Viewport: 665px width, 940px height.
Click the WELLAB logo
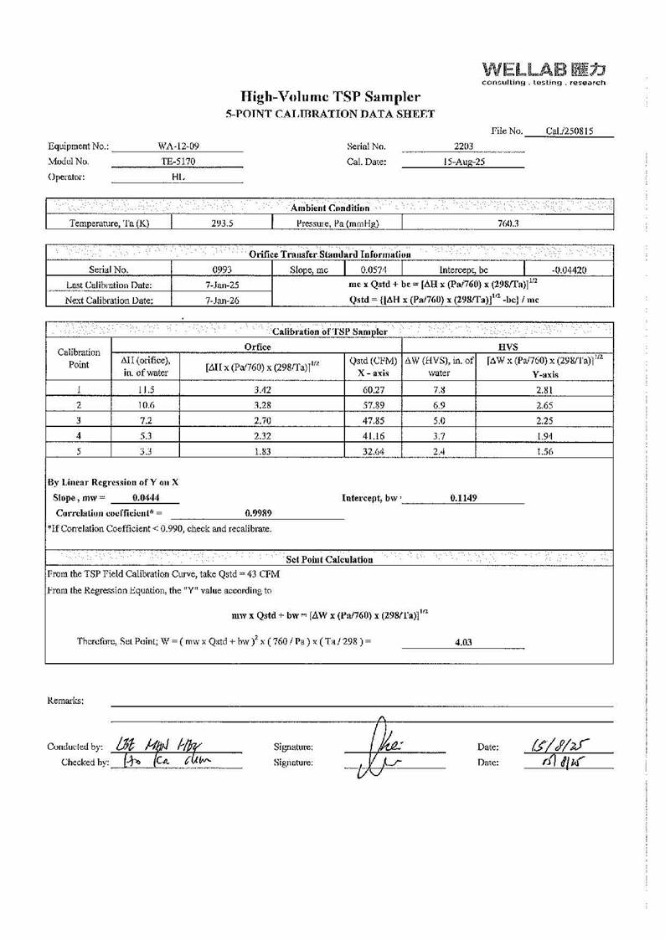click(x=544, y=72)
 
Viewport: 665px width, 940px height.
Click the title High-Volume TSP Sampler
click(x=331, y=97)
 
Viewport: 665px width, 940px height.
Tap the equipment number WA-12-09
click(x=178, y=146)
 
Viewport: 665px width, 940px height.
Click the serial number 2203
click(x=463, y=146)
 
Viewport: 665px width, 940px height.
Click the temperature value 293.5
click(x=221, y=223)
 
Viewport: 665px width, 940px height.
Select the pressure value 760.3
click(x=508, y=223)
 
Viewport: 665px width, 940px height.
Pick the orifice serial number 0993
click(x=221, y=270)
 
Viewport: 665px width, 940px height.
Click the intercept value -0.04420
click(x=570, y=270)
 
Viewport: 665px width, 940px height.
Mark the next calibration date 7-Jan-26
click(x=221, y=300)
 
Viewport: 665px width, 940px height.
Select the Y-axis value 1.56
click(x=545, y=451)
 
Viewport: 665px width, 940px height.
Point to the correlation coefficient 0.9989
click(x=258, y=512)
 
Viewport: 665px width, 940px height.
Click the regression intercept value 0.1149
click(x=463, y=498)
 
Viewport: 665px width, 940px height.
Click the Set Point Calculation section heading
click(x=329, y=559)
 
